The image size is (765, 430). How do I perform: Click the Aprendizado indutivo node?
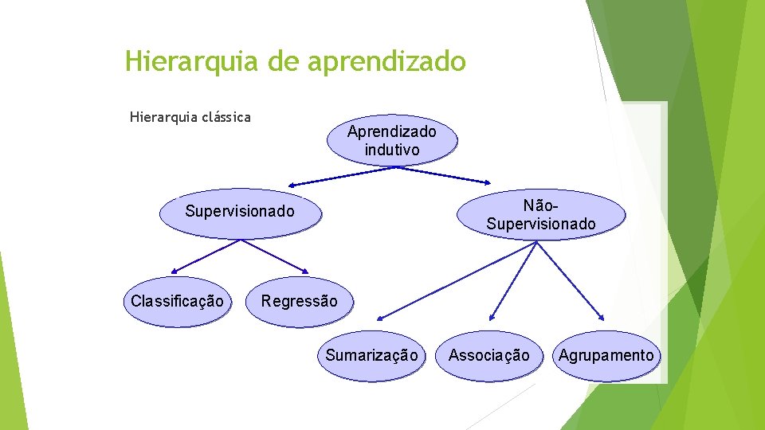click(x=391, y=139)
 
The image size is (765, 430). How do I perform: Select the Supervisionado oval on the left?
click(x=239, y=212)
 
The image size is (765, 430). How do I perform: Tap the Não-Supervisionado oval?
click(x=540, y=215)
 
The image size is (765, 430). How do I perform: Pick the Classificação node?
click(x=177, y=302)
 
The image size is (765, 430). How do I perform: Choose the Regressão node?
click(x=299, y=303)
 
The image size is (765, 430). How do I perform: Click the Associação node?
click(x=488, y=356)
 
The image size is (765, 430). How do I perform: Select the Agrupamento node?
click(x=606, y=356)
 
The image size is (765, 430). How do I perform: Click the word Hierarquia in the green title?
click(x=192, y=61)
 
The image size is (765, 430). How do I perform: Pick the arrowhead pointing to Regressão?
click(x=304, y=269)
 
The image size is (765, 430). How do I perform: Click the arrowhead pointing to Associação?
click(x=492, y=318)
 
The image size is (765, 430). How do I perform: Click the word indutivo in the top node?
click(x=391, y=149)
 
